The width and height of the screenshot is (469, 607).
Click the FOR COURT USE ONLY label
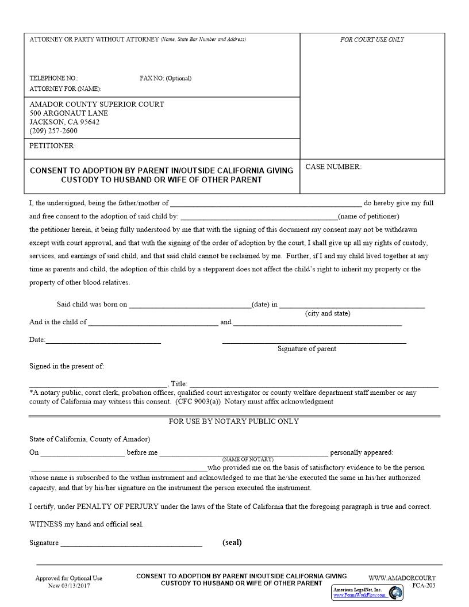tap(372, 40)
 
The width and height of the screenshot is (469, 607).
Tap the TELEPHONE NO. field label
tap(53, 78)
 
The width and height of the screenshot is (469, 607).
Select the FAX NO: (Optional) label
tap(166, 78)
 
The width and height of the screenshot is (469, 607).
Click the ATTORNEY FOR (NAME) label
tap(65, 89)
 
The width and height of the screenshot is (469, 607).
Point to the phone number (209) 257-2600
tap(53, 130)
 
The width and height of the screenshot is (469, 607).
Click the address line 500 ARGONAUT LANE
tap(68, 113)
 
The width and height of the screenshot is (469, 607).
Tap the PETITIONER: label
tap(52, 146)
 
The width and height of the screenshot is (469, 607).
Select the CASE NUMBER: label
tap(333, 167)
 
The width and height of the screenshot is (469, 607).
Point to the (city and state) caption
tap(328, 313)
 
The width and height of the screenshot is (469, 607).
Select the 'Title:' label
tap(179, 384)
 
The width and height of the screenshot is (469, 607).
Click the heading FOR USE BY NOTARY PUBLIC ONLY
tap(234, 421)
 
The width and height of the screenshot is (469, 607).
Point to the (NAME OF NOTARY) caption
tap(248, 459)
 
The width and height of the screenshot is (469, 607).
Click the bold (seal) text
tap(232, 542)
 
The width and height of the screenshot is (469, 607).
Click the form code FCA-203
tap(424, 586)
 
